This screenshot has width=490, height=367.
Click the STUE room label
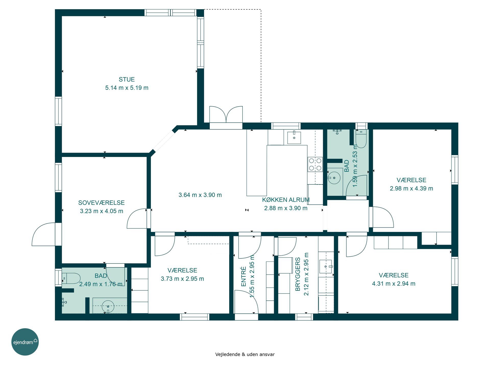(x=127, y=79)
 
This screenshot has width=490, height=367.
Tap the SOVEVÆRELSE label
(x=101, y=203)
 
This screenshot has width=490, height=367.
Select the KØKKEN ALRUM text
(x=286, y=200)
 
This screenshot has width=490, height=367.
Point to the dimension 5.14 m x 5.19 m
(x=127, y=88)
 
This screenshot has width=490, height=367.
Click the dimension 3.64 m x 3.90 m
(x=200, y=195)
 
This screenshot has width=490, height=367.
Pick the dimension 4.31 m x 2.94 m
(x=394, y=283)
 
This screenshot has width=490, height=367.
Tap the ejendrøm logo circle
(x=25, y=342)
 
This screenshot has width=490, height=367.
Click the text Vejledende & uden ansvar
(x=245, y=354)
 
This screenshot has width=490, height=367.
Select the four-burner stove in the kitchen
(x=315, y=164)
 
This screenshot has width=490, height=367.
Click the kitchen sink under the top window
(x=294, y=138)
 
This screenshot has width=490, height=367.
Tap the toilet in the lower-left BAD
(x=71, y=279)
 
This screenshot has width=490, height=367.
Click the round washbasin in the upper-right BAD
(x=334, y=178)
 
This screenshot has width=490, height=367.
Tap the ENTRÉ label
(x=243, y=277)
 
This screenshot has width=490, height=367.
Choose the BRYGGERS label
(x=298, y=274)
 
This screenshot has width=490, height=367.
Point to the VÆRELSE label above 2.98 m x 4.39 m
(x=411, y=180)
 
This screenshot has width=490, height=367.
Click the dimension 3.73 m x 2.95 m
(x=182, y=279)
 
